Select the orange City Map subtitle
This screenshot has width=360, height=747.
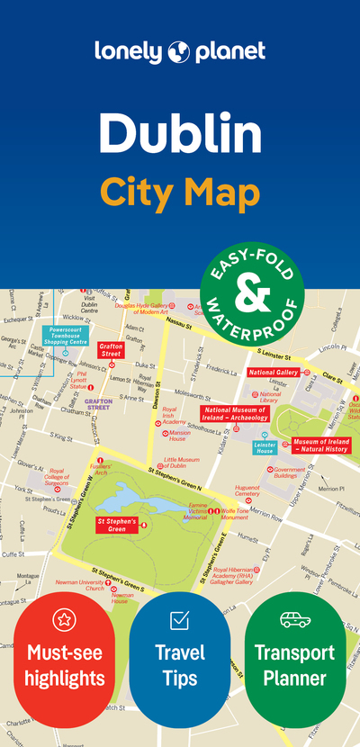[179, 192]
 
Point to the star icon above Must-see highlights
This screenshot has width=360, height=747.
[64, 619]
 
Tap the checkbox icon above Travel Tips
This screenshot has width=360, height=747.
[179, 619]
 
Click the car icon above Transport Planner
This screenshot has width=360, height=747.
[294, 619]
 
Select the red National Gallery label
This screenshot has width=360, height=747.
[274, 372]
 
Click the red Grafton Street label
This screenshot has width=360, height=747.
[111, 349]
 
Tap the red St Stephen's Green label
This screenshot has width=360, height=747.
[116, 525]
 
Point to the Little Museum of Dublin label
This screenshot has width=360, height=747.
[182, 463]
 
